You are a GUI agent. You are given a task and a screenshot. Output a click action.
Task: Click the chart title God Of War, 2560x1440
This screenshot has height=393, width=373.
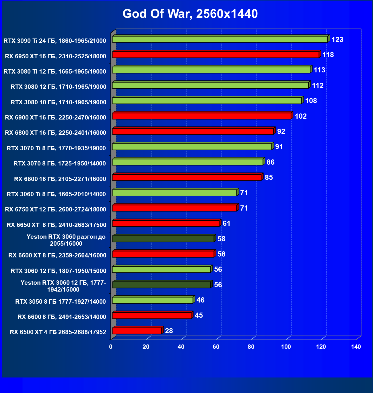pos(190,14)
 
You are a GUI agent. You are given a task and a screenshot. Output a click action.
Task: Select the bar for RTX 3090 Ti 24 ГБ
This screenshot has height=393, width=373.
pos(220,39)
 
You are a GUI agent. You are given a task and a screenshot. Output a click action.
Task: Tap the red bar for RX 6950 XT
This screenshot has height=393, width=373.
pos(215,55)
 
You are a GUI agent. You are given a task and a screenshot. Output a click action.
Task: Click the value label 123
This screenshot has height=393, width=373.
pos(337,40)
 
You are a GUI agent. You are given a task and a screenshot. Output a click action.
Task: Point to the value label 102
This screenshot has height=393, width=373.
pos(301,116)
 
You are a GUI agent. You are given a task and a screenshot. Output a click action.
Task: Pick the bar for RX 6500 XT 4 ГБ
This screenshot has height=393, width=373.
pos(137,331)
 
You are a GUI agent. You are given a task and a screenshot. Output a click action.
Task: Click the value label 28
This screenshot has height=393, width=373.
pos(169,331)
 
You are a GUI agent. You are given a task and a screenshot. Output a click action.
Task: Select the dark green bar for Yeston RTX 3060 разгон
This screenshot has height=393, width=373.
pos(163,239)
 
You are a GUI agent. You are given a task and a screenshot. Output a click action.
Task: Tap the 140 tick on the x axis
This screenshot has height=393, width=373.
pos(356,347)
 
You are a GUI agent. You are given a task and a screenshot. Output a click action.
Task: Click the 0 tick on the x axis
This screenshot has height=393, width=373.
pos(111,347)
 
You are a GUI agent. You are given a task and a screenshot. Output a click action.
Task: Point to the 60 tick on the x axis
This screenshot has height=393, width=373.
pos(216,347)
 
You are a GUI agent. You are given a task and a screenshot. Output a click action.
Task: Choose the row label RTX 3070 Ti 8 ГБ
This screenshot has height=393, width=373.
pos(56,148)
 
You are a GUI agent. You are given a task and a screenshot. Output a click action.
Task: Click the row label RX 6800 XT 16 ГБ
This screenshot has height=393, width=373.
pos(56,133)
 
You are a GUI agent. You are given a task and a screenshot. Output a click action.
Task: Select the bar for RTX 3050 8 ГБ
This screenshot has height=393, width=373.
pos(152,300)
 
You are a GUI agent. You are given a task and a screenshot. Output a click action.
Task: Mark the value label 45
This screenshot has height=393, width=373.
pos(199,315)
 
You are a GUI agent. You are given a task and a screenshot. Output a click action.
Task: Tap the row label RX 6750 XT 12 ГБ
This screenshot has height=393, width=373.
pos(56,209)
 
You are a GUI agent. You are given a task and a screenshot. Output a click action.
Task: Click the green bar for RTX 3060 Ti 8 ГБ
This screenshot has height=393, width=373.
pos(174,193)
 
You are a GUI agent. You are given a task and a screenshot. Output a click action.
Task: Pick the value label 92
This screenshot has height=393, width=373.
pos(281,132)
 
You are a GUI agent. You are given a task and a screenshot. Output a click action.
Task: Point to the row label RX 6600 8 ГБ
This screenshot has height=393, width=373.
pos(62,317)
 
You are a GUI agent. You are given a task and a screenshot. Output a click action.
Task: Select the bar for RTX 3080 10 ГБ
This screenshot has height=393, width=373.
pos(207,101)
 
